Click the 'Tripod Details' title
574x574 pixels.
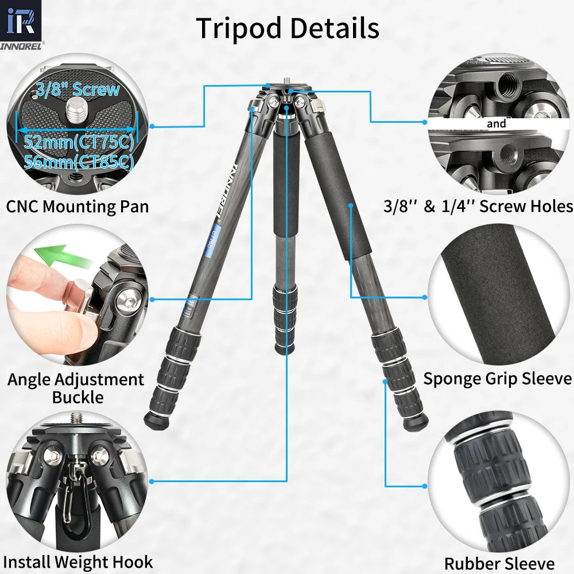pos(288,28)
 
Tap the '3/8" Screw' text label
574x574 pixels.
pos(77,90)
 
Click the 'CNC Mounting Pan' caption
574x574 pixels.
pos(77,206)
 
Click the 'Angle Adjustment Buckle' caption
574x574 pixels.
pos(76,388)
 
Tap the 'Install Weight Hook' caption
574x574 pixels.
pos(79,562)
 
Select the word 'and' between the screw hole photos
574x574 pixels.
pos(496,123)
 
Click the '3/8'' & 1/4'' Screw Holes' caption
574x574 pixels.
pos(478,207)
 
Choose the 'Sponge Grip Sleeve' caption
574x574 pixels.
pos(497,379)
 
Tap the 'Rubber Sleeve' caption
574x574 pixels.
pos(499,564)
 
